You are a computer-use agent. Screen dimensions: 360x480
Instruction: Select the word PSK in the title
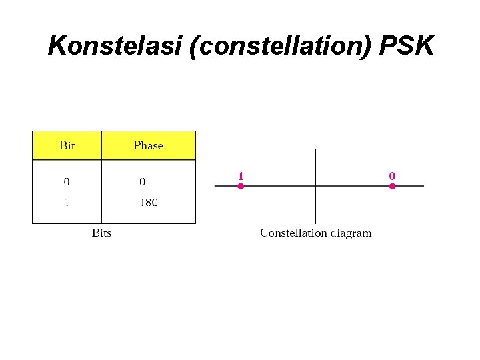pos(407,47)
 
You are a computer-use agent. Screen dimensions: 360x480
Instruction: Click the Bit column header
pos(67,145)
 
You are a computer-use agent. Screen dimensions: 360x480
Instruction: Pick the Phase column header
pos(148,145)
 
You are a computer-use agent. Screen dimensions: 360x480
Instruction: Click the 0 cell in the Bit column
pos(67,181)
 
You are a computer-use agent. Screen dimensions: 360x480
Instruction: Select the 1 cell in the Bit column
pos(67,202)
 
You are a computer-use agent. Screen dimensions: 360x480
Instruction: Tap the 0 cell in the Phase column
pos(143,181)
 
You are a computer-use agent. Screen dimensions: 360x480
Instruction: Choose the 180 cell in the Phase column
pos(149,202)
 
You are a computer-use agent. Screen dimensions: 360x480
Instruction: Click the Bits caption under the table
pos(101,233)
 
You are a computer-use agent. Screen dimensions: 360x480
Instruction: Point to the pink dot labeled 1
pos(241,186)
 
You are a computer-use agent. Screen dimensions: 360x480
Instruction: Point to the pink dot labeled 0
pos(392,186)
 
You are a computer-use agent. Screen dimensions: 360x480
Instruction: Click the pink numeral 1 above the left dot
pos(241,175)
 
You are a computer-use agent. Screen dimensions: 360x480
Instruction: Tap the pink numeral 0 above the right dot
pos(392,175)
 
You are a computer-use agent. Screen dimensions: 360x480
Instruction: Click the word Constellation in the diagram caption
pos(293,233)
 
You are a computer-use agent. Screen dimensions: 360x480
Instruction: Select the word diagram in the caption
pos(351,233)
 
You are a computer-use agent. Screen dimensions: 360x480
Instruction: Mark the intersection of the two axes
pos(315,186)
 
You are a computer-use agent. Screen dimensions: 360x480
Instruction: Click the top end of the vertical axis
pos(315,150)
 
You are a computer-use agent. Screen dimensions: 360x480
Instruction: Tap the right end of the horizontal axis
pos(423,186)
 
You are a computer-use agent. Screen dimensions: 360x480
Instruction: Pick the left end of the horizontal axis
pos(215,186)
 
